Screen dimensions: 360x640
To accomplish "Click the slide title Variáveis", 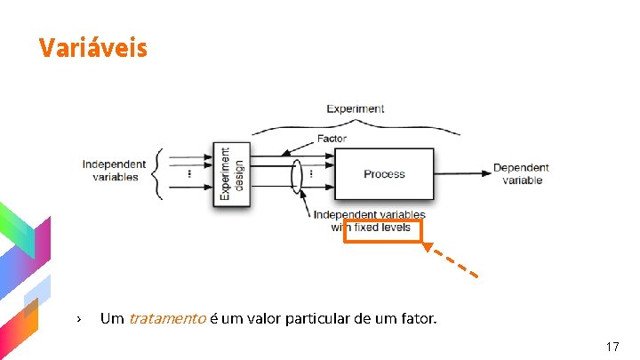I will pyautogui.click(x=92, y=47).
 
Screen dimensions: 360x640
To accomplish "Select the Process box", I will pyautogui.click(x=384, y=174).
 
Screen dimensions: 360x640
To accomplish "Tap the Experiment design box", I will pyautogui.click(x=231, y=175).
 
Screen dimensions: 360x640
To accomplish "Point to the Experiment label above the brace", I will pyautogui.click(x=356, y=109).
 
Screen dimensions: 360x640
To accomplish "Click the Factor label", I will pyautogui.click(x=332, y=139).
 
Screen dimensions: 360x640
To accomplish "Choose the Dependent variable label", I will pyautogui.click(x=521, y=173).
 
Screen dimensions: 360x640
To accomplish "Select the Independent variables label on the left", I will pyautogui.click(x=114, y=170).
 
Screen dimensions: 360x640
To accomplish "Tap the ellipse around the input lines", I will pyautogui.click(x=298, y=174).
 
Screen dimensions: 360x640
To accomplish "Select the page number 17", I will pyautogui.click(x=612, y=346).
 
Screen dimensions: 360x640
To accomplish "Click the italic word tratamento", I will pyautogui.click(x=167, y=317).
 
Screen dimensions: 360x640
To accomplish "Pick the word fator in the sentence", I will pyautogui.click(x=418, y=317).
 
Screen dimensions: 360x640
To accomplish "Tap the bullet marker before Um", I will pyautogui.click(x=79, y=318).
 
